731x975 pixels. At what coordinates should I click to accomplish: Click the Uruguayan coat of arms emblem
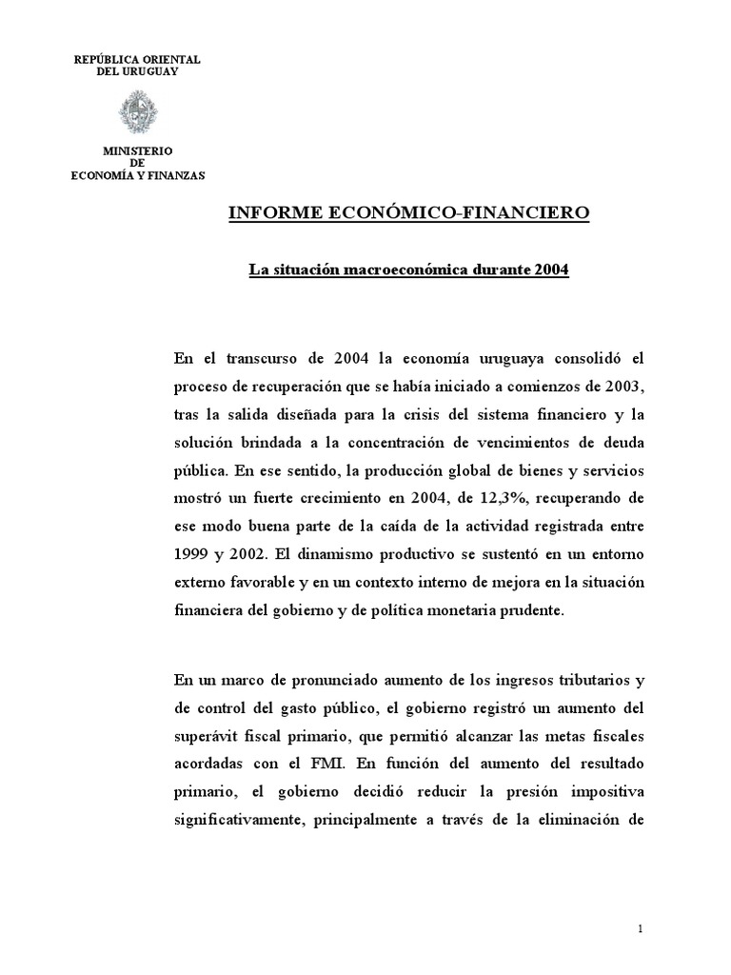pyautogui.click(x=137, y=112)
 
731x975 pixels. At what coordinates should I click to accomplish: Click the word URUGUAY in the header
pyautogui.click(x=152, y=72)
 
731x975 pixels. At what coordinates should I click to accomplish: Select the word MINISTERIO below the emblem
pyautogui.click(x=137, y=151)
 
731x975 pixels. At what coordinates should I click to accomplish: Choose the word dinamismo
pyautogui.click(x=351, y=554)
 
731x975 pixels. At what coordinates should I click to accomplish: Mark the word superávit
pyautogui.click(x=207, y=738)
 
